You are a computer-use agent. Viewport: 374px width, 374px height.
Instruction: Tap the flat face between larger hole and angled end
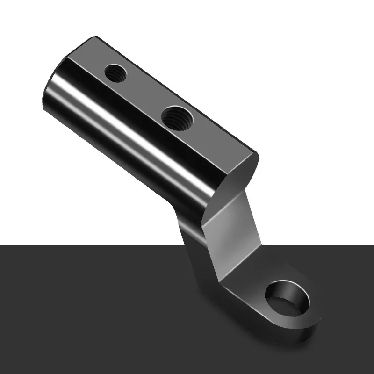pos(215,140)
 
